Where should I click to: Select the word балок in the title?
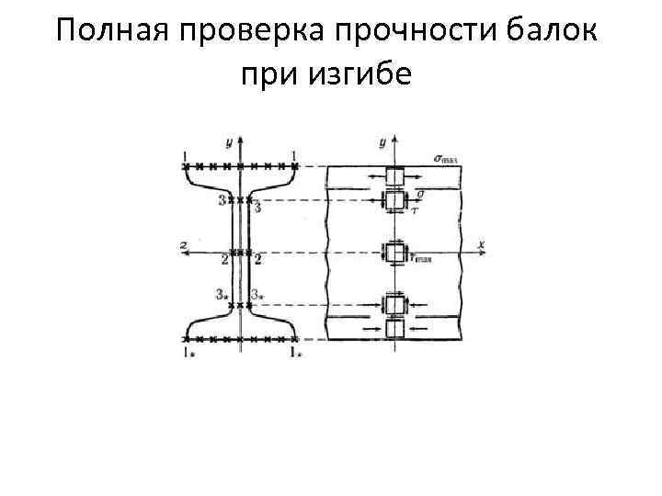(x=554, y=33)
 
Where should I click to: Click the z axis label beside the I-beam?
(x=186, y=243)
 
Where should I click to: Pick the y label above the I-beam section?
(x=227, y=141)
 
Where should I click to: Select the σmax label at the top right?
(x=445, y=157)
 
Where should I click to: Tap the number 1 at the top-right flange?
(x=293, y=154)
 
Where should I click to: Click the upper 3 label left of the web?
(x=221, y=200)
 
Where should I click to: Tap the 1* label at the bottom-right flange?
(x=296, y=354)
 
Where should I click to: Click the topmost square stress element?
(x=394, y=176)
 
